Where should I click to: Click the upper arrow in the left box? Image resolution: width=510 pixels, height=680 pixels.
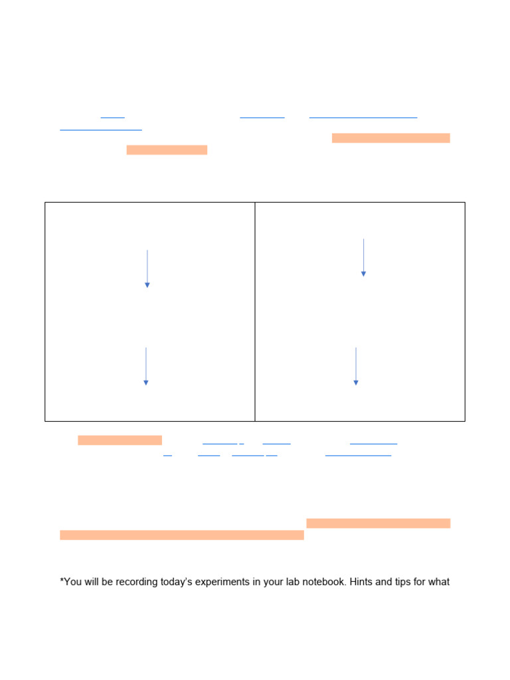click(x=147, y=269)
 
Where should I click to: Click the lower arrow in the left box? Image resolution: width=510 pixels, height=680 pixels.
click(x=146, y=366)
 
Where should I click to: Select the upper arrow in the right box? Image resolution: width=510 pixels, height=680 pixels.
click(x=363, y=257)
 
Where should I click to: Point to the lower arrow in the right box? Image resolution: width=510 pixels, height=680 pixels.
click(x=356, y=366)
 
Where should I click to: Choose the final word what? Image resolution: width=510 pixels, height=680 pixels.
click(x=440, y=582)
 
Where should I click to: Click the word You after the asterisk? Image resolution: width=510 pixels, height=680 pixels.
click(x=73, y=582)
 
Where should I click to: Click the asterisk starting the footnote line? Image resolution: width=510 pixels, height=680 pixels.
click(x=62, y=581)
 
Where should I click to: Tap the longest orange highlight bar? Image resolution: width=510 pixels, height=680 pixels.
click(x=182, y=535)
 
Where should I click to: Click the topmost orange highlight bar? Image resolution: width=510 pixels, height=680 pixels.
click(x=390, y=138)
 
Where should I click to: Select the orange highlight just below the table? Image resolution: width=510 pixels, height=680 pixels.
click(x=120, y=440)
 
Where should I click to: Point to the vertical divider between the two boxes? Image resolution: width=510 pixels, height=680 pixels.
click(x=255, y=311)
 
